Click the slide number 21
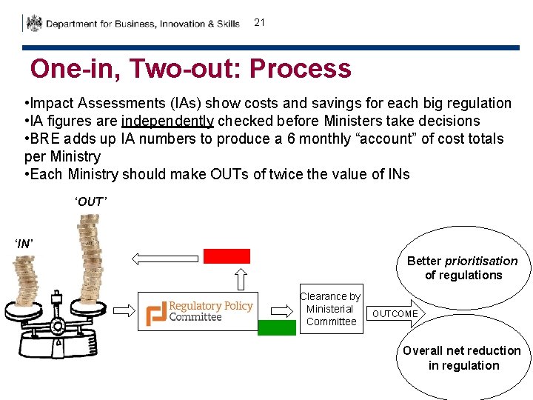[x=259, y=22]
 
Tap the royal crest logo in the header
[x=34, y=23]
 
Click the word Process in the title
[x=300, y=69]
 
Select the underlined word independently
[x=167, y=121]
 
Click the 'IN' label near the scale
[x=24, y=243]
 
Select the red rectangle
[x=227, y=256]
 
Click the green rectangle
[x=276, y=327]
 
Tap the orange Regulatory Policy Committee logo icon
[x=156, y=312]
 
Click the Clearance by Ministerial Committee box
[x=331, y=309]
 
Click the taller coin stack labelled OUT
[x=92, y=252]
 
